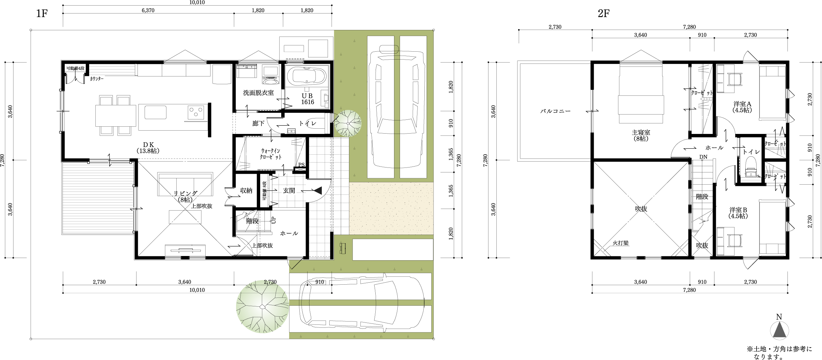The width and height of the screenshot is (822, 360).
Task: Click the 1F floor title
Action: [x=42, y=14]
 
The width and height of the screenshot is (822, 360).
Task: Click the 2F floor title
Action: [x=604, y=14]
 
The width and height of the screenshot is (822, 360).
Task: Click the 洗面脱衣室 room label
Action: [x=259, y=93]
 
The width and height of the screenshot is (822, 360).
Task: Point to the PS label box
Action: [x=301, y=165]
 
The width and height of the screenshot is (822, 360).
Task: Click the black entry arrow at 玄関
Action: [x=317, y=190]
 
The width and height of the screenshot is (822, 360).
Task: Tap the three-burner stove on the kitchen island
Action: [x=196, y=112]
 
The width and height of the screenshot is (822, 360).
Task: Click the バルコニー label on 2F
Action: [x=556, y=111]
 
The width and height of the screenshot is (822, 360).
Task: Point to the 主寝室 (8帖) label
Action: [x=641, y=136]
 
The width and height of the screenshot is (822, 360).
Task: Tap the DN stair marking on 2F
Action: [x=703, y=157]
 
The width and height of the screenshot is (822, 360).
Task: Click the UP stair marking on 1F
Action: [x=273, y=220]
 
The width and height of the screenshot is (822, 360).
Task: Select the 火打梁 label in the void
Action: [x=621, y=243]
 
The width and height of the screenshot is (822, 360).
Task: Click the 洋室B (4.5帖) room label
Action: [x=738, y=213]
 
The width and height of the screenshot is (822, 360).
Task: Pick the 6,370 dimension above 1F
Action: [x=148, y=10]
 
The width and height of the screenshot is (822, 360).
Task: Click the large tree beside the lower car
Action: [x=262, y=307]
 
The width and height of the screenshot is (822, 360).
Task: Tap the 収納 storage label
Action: [x=246, y=191]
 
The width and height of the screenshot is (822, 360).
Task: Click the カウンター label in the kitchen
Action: [x=97, y=79]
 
